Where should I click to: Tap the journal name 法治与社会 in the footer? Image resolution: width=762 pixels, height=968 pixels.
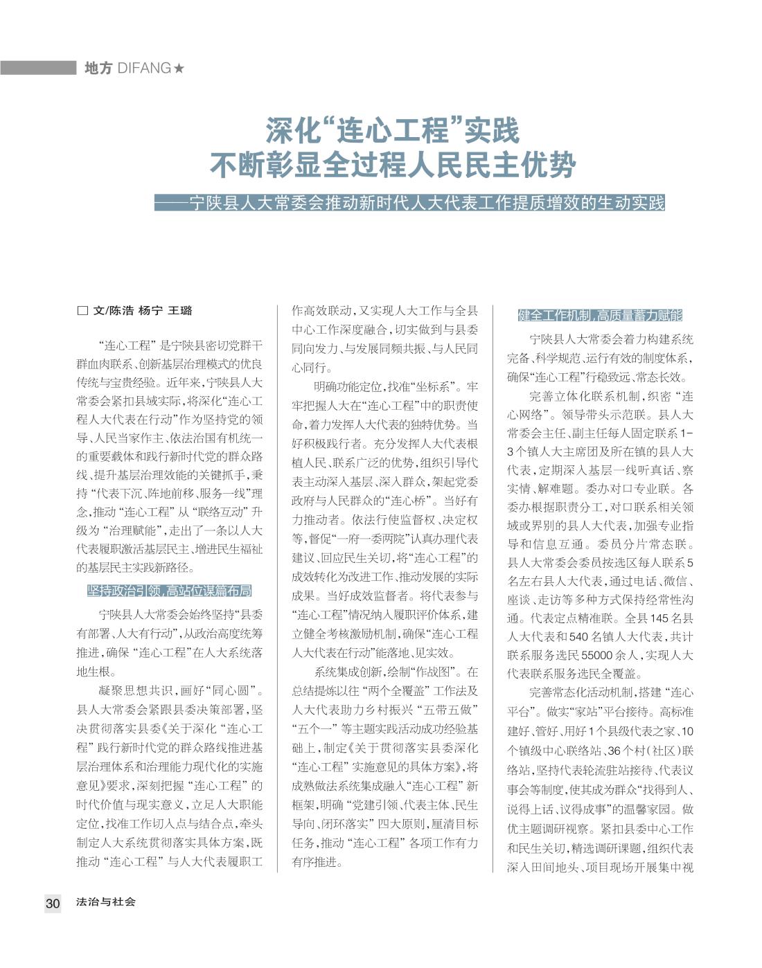(x=106, y=902)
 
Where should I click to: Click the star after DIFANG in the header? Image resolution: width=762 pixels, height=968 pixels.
(x=179, y=68)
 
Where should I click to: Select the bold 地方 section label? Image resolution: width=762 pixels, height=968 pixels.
(x=98, y=68)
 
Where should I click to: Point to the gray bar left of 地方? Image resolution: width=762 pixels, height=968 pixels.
(x=38, y=68)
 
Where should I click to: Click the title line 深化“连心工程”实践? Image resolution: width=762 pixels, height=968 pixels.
(x=392, y=130)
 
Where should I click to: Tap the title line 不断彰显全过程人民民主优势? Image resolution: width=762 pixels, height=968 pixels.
(x=393, y=165)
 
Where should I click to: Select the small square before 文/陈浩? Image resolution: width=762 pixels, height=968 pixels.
(x=82, y=311)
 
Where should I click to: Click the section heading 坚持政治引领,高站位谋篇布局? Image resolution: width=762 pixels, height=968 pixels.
(x=169, y=591)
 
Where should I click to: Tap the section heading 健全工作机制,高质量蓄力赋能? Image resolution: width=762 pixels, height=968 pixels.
(x=600, y=316)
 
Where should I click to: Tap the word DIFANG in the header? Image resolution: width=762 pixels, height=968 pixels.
(x=145, y=68)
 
